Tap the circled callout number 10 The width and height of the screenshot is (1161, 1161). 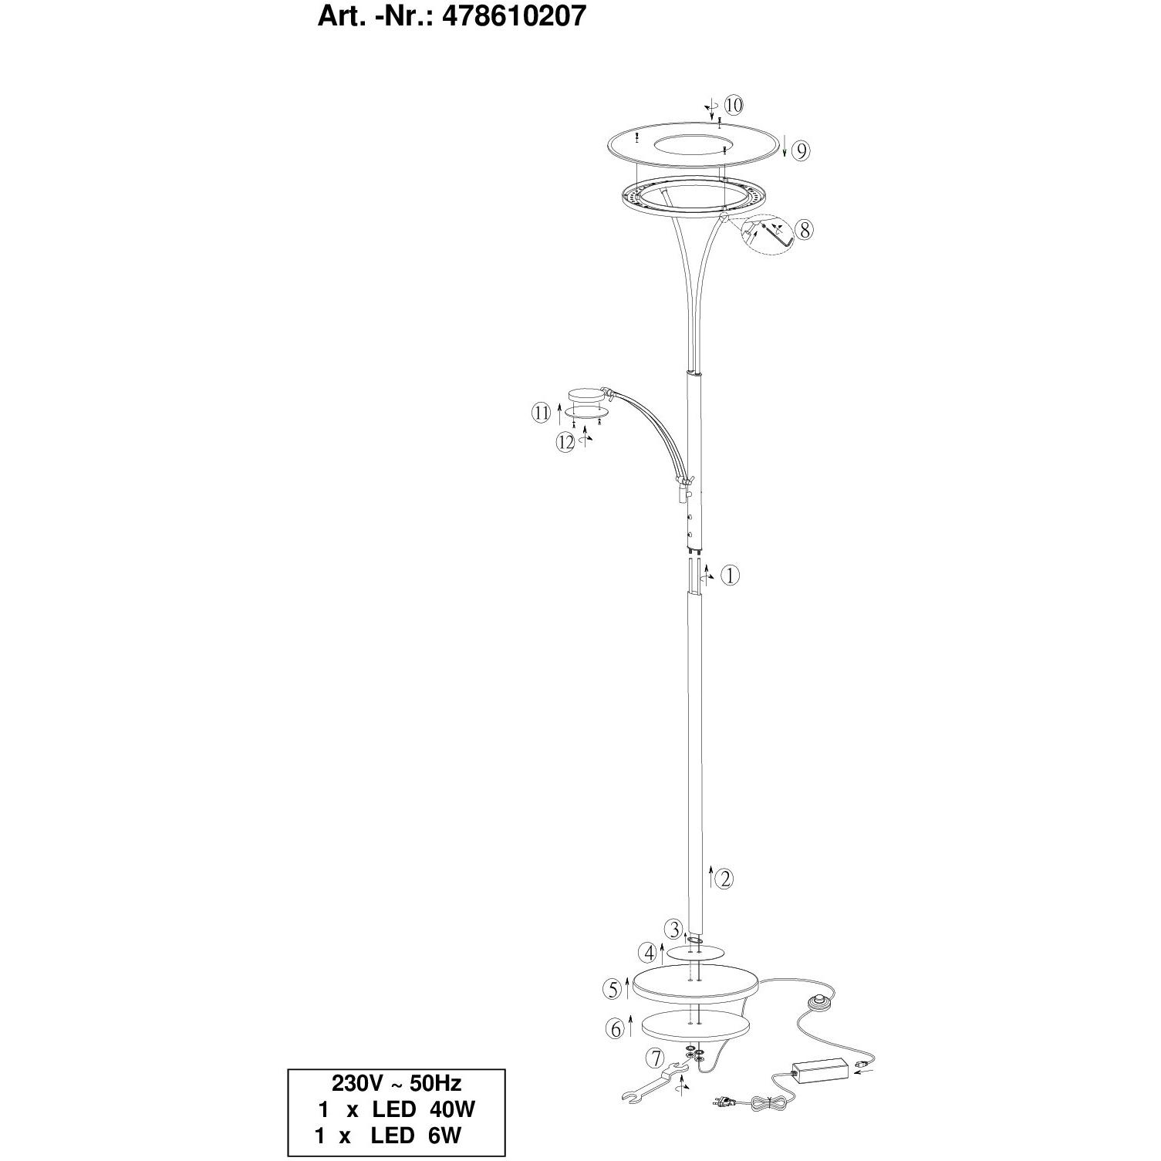point(733,104)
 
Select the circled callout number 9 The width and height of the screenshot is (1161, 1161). point(802,151)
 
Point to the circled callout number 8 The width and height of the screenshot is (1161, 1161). point(804,230)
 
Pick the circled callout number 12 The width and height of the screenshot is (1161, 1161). point(567,443)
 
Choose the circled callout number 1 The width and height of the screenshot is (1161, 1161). point(730,575)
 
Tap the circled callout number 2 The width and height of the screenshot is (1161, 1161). point(724,879)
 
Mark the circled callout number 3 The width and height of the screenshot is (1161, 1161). point(675,928)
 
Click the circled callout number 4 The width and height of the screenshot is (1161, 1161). point(650,953)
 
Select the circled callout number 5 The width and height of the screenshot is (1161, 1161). point(613,988)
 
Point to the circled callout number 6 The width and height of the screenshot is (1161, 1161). point(616,1028)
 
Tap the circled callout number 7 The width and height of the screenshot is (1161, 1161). point(656,1058)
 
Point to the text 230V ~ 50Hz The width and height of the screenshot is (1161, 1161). point(397,1082)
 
